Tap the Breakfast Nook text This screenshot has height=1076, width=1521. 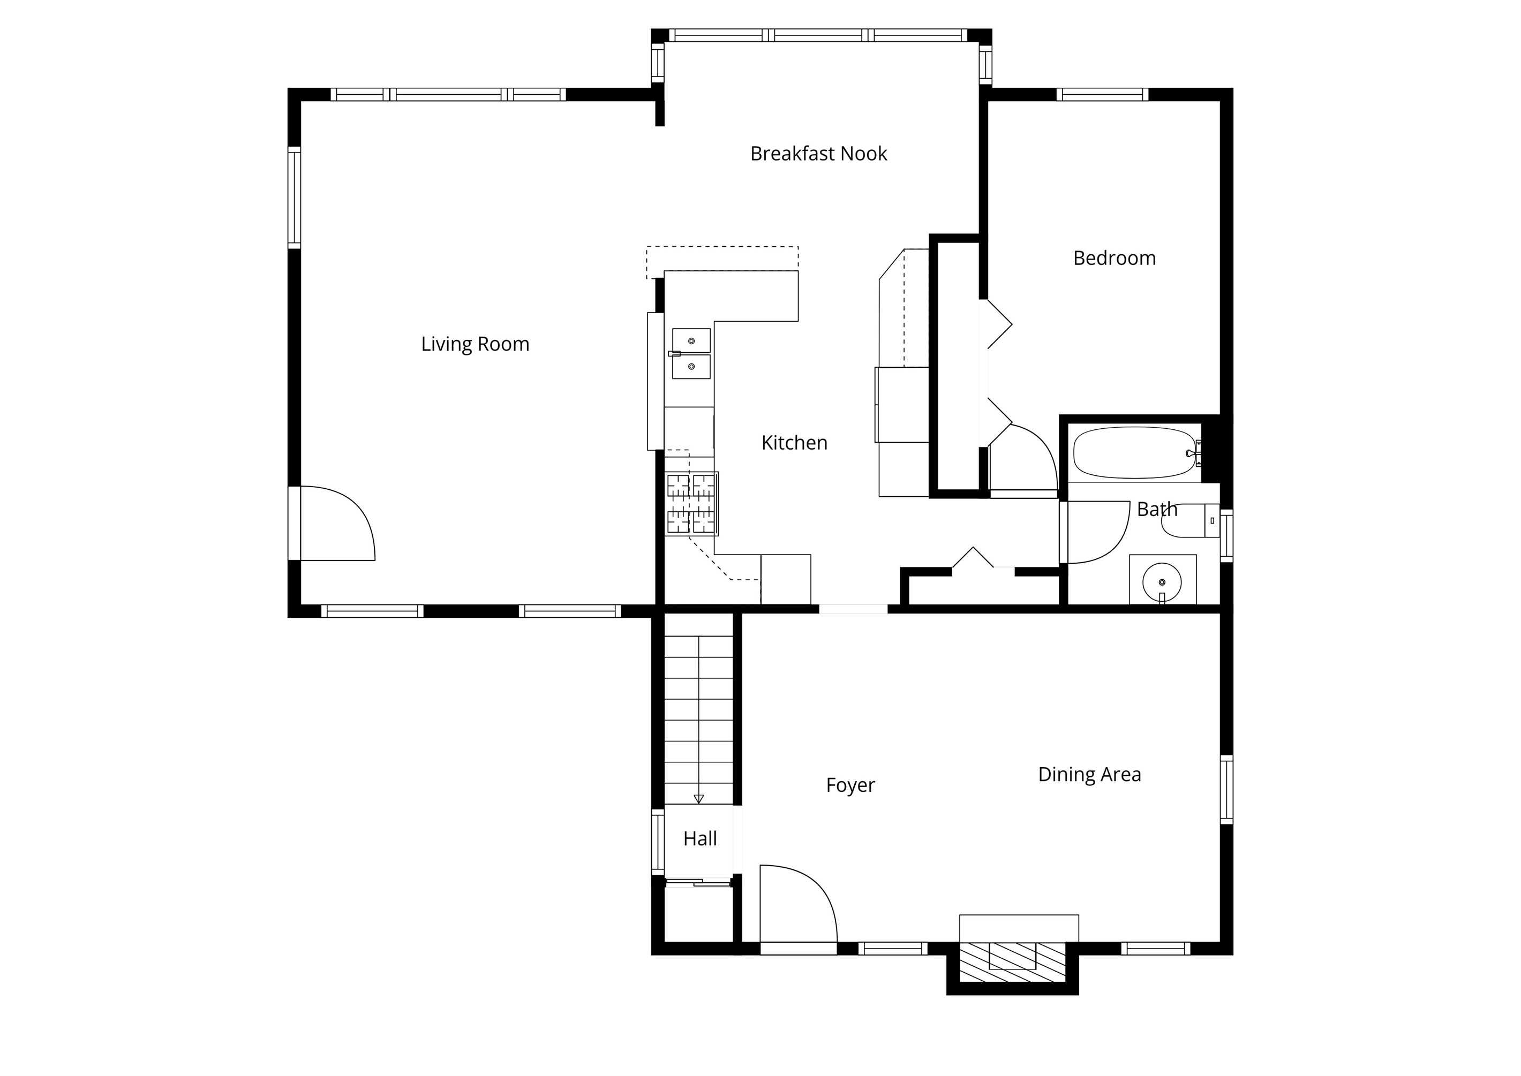tap(818, 154)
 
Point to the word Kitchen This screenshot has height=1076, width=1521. tap(794, 443)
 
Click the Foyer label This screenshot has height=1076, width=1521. tap(850, 786)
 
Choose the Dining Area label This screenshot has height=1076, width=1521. tap(1089, 775)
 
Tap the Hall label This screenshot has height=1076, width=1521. tap(700, 839)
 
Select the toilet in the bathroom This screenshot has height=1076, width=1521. tap(1191, 521)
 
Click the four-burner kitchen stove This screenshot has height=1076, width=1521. tap(692, 504)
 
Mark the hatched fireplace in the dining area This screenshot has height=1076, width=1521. tap(1012, 961)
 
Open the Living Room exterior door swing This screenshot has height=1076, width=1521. tap(337, 524)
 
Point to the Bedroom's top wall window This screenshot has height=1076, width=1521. tap(1102, 95)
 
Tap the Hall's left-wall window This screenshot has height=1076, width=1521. tap(658, 841)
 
